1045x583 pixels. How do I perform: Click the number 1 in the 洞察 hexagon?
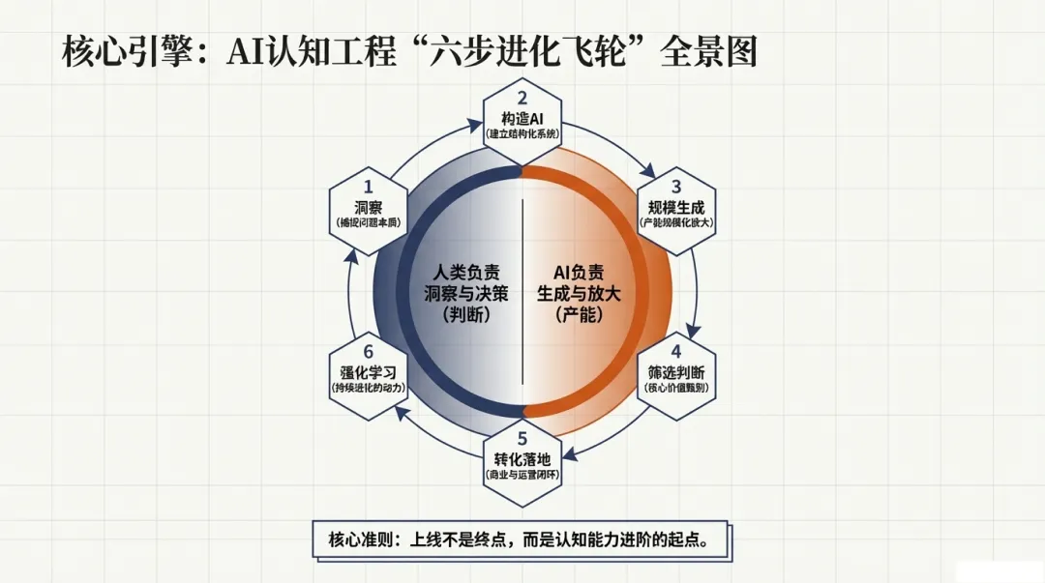tap(368, 186)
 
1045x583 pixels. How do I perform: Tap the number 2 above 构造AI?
tap(522, 97)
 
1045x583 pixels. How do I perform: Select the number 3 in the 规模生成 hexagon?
tap(676, 186)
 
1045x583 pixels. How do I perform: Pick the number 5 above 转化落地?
tap(522, 438)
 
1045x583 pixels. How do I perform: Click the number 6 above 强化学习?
tap(368, 351)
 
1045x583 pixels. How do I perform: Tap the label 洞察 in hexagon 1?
tap(368, 206)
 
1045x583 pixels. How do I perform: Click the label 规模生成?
tap(676, 206)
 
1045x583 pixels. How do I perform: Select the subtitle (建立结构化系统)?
tap(522, 134)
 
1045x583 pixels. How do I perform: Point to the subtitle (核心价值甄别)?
tap(676, 388)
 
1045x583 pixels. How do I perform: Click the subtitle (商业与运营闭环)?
tap(522, 475)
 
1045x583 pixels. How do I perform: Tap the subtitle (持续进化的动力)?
tap(368, 388)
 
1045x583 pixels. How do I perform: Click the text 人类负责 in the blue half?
tap(465, 272)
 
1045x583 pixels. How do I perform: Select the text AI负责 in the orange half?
tap(579, 272)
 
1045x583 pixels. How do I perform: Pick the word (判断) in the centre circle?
tap(465, 314)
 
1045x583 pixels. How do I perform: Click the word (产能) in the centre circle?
tap(579, 314)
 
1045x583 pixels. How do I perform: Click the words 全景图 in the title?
tap(708, 51)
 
